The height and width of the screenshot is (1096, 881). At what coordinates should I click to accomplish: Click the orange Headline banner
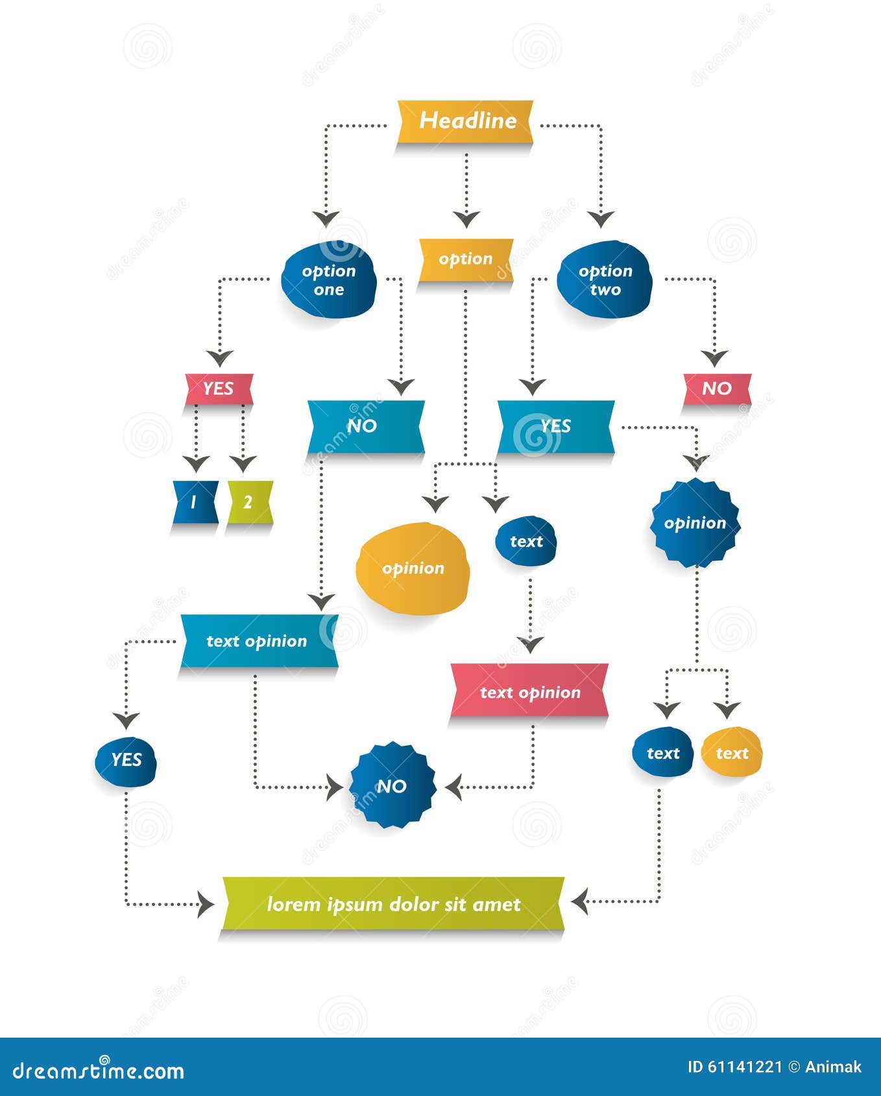click(x=465, y=121)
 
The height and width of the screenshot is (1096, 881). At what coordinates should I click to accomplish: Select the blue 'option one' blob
click(x=329, y=280)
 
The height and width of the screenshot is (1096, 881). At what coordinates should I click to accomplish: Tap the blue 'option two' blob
click(x=605, y=280)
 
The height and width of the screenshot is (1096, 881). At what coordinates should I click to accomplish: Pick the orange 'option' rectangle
click(x=465, y=259)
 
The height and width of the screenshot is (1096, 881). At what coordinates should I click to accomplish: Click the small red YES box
click(x=219, y=388)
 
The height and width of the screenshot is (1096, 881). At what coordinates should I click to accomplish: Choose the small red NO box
click(x=717, y=388)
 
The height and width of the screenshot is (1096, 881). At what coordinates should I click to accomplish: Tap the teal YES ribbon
click(x=555, y=426)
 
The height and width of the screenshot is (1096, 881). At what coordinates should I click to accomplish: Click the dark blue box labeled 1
click(x=195, y=502)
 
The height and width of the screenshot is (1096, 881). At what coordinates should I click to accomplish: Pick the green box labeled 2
click(x=249, y=502)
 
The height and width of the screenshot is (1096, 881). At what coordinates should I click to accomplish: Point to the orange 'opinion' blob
click(x=413, y=568)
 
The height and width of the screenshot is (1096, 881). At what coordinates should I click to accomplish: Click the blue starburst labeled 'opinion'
click(x=695, y=523)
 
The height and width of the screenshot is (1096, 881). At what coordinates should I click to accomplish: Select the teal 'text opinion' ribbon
click(x=258, y=641)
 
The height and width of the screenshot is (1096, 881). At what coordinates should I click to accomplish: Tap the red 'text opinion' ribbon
click(x=529, y=692)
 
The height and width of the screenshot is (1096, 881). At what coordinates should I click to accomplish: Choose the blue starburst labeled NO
click(x=392, y=786)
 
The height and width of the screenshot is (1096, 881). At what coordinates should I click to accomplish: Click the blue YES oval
click(x=126, y=760)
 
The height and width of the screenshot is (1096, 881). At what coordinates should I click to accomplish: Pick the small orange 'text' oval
click(x=732, y=753)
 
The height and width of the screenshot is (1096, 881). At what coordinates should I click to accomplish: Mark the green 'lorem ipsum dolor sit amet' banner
click(x=393, y=904)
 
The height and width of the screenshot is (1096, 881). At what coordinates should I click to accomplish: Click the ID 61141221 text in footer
click(x=734, y=1067)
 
